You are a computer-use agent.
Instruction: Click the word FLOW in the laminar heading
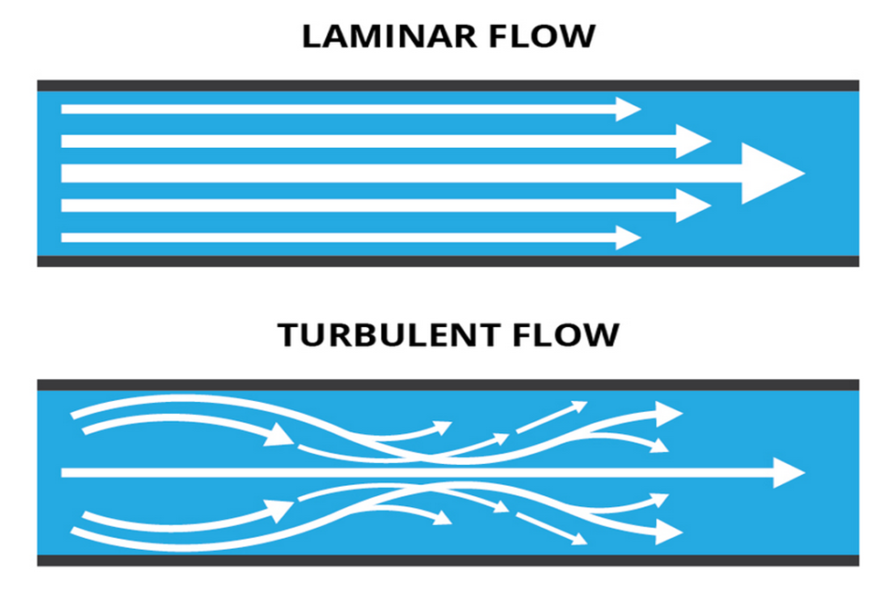pyautogui.click(x=543, y=37)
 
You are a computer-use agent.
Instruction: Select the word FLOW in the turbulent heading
pyautogui.click(x=566, y=334)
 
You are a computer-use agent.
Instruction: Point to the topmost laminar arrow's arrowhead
pyautogui.click(x=628, y=109)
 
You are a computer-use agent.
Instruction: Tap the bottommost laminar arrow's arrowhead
pyautogui.click(x=628, y=237)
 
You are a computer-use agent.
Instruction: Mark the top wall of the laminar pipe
pyautogui.click(x=448, y=86)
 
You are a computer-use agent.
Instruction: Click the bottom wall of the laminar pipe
pyautogui.click(x=448, y=261)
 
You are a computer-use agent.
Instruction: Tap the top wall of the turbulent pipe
pyautogui.click(x=448, y=385)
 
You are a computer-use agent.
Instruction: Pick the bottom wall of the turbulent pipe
pyautogui.click(x=448, y=561)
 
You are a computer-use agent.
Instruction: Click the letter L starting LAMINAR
pyautogui.click(x=311, y=37)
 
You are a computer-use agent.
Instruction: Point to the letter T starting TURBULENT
pyautogui.click(x=288, y=334)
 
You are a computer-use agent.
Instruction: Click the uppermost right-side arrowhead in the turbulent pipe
pyautogui.click(x=669, y=414)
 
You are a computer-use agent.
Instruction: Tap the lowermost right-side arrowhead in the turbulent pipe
pyautogui.click(x=669, y=532)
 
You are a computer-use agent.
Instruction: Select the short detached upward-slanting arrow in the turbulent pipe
pyautogui.click(x=552, y=417)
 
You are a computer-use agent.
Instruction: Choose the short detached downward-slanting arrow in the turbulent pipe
pyautogui.click(x=552, y=529)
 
